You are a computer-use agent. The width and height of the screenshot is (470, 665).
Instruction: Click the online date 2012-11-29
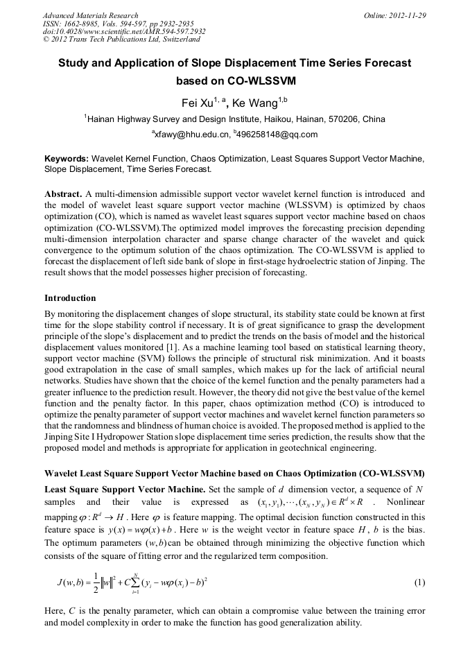pyautogui.click(x=408, y=15)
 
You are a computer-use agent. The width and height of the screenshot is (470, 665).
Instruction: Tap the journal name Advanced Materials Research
pyautogui.click(x=90, y=15)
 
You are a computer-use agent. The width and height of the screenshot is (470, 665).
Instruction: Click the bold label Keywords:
pyautogui.click(x=67, y=159)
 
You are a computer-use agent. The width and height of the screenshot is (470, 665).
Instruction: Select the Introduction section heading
pyautogui.click(x=70, y=297)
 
